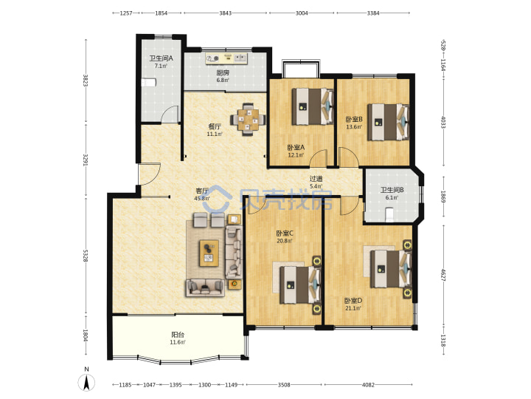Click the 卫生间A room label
click(x=162, y=58)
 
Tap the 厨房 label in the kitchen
click(x=223, y=72)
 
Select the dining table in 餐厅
click(x=248, y=119)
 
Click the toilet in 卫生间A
click(x=148, y=83)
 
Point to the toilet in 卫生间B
click(x=389, y=215)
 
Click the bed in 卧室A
click(x=312, y=106)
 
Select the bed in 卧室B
click(x=388, y=122)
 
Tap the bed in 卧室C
click(x=300, y=284)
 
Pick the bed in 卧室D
click(x=391, y=269)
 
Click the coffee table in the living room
click(x=209, y=253)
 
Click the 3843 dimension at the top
click(x=225, y=13)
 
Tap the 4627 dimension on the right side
click(x=443, y=275)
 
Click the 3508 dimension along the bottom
click(x=284, y=385)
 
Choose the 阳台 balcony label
click(x=178, y=335)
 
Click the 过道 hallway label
click(x=316, y=179)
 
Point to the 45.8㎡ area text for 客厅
click(x=202, y=199)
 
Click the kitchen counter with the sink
click(x=226, y=58)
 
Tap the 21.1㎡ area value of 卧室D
click(x=353, y=308)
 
